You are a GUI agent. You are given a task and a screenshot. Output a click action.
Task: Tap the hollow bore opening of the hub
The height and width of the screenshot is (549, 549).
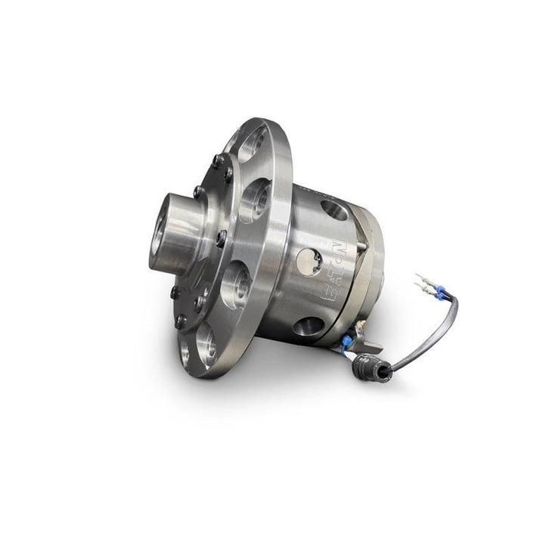coord(160,233)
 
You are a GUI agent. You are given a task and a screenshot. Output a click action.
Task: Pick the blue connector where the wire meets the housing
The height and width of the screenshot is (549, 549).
coord(346,343)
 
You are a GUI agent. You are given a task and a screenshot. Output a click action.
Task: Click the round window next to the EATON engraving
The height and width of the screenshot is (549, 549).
coord(309,262)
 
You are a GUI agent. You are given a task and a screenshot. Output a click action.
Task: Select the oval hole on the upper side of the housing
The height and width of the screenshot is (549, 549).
coord(333,209)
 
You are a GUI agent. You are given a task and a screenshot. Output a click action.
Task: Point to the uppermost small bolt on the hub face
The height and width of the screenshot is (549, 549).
coord(217,160)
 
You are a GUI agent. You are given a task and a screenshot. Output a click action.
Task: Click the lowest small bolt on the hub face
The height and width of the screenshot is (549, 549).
coord(181,321)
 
